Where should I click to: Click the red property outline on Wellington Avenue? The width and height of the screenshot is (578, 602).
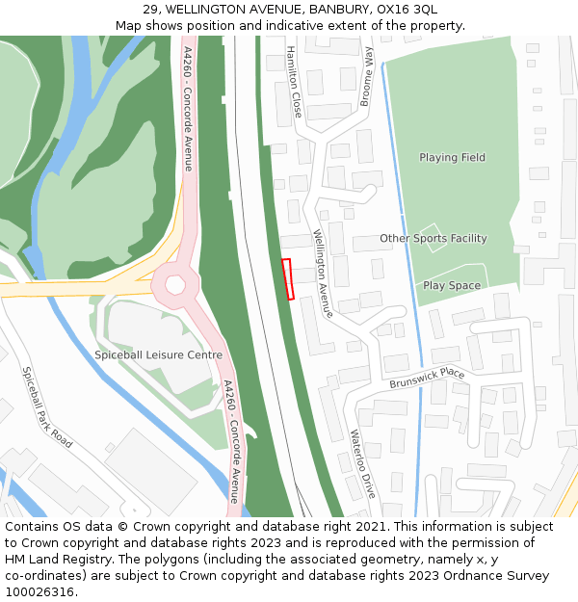coord(286,279)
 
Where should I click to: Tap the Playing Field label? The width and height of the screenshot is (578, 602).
coord(452,157)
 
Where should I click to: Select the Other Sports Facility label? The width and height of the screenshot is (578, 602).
coord(433,238)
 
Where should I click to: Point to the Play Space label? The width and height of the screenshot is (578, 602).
coord(451,285)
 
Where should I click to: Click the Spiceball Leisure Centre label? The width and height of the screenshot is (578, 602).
coord(158,354)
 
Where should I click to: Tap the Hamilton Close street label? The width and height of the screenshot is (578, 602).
coord(293,81)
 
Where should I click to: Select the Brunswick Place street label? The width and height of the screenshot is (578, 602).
coord(427,378)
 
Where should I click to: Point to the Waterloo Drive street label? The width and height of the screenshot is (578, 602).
coord(362,463)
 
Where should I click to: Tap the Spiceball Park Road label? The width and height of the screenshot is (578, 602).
coord(46,406)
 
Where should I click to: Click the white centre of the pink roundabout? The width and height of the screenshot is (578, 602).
coord(175,285)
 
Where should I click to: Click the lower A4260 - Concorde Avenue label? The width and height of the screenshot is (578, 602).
coord(232,440)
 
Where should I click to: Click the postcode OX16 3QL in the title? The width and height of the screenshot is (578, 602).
coord(407,9)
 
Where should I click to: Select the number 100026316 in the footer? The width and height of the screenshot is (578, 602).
coord(39,591)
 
